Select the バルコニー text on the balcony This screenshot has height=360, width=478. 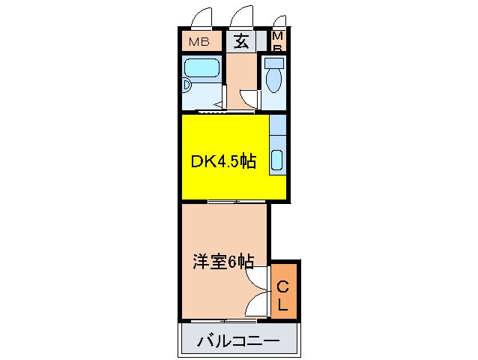tap(238, 341)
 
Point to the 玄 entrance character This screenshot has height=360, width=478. tap(241, 41)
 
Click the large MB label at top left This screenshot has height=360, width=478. tap(199, 41)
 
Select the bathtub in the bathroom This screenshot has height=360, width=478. tap(202, 68)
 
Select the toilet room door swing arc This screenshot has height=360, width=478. tap(248, 98)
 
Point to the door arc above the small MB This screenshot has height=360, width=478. tap(280, 22)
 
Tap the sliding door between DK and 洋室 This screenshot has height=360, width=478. tap(223, 202)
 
